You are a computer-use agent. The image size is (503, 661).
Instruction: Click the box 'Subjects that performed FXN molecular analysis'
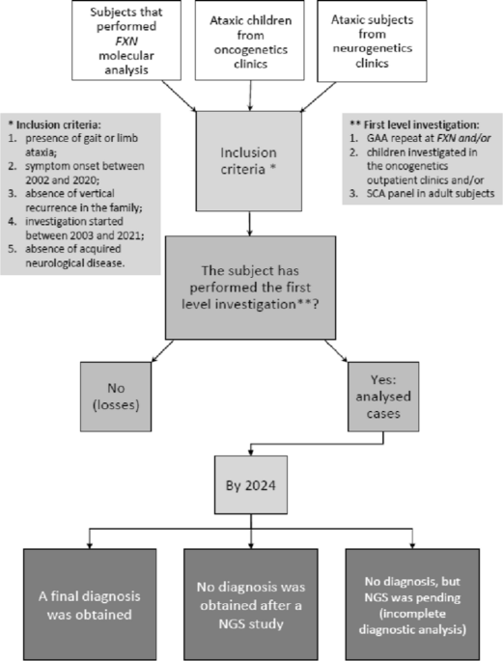point(126,41)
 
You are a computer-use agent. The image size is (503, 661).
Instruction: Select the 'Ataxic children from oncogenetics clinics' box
point(250,41)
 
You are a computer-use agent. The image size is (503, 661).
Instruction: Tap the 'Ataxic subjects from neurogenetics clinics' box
point(372,41)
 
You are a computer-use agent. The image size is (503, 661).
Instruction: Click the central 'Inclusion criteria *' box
point(249,161)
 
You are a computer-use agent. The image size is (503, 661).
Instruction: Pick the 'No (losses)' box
point(116,397)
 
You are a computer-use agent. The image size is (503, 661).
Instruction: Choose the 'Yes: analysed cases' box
point(383,397)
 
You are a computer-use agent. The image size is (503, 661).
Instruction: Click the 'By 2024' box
point(251,484)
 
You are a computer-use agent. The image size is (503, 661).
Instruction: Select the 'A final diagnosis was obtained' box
point(90,604)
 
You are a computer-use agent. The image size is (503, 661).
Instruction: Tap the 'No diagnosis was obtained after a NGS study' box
point(251,604)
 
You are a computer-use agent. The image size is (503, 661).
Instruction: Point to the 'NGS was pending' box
point(412,604)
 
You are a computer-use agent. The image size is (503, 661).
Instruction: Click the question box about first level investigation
point(250,288)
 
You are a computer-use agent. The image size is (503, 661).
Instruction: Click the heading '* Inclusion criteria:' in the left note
point(54,124)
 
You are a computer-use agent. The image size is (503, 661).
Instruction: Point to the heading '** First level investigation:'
point(415,124)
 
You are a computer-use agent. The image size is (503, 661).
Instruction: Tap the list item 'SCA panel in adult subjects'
point(422,193)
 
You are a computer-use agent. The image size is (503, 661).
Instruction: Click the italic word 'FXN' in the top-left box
point(126,41)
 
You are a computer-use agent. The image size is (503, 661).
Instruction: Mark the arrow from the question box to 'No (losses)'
point(162,350)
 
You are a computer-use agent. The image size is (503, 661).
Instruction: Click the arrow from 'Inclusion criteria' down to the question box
point(250,224)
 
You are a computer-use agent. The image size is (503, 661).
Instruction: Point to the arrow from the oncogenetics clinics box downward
point(250,96)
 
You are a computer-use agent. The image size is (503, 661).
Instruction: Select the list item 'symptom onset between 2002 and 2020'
point(76,173)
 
